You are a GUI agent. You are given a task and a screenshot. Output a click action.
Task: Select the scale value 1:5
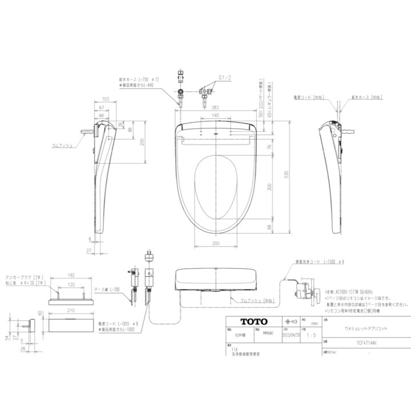[310, 336]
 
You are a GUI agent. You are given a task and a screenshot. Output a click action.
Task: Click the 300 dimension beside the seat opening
[269, 186]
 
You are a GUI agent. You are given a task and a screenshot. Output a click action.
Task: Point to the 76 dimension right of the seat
[269, 145]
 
